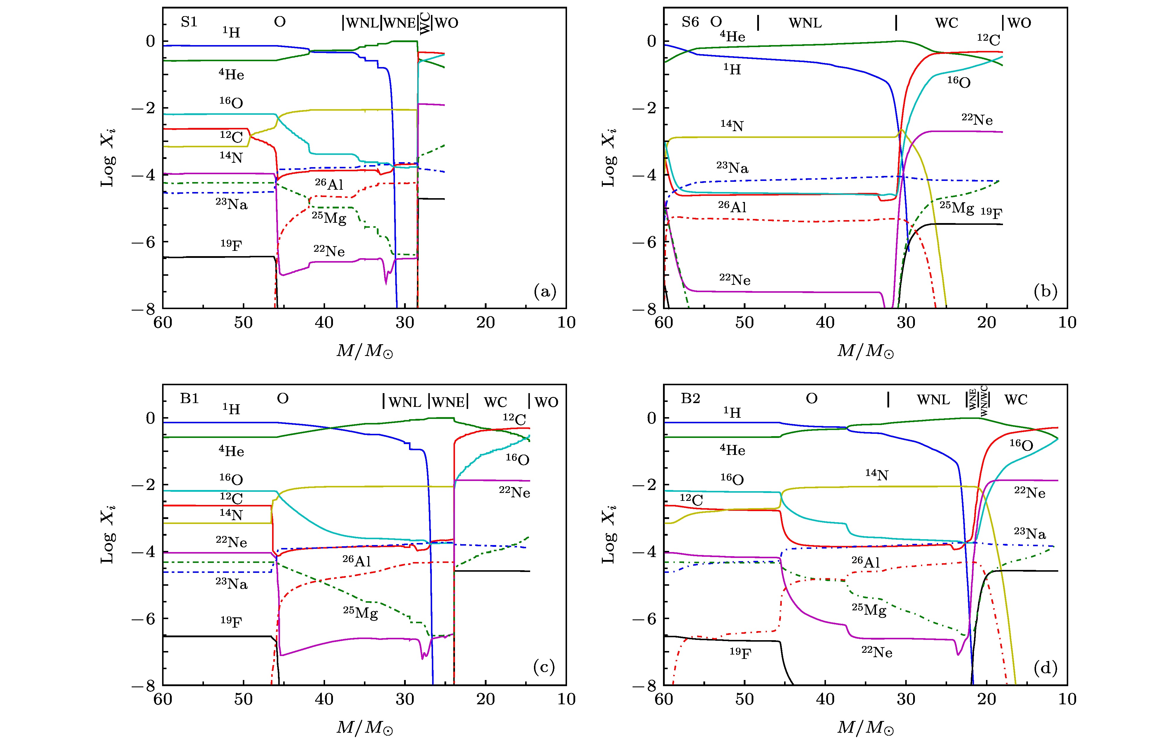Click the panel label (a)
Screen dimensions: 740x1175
coord(544,292)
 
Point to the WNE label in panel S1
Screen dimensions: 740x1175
coord(399,23)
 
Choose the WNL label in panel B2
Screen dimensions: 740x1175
coord(933,400)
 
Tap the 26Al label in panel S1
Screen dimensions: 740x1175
coord(329,184)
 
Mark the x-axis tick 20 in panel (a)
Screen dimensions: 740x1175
coord(485,323)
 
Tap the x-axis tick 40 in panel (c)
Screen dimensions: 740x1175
coord(324,700)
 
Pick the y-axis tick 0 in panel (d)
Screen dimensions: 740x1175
coord(651,418)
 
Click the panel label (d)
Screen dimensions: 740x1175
coord(1045,668)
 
